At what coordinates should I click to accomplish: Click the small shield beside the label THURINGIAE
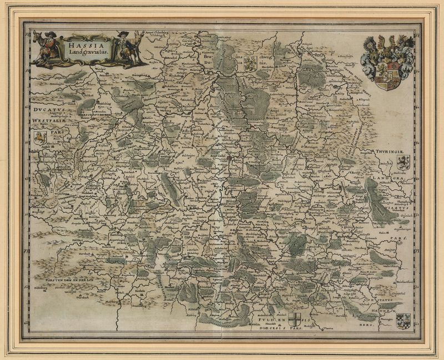[x=403, y=163]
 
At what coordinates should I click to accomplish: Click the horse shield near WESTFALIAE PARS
[x=39, y=137]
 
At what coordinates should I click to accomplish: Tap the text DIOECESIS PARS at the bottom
[x=281, y=327]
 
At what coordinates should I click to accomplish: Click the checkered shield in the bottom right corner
[x=404, y=321]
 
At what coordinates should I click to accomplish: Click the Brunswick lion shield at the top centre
[x=250, y=62]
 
